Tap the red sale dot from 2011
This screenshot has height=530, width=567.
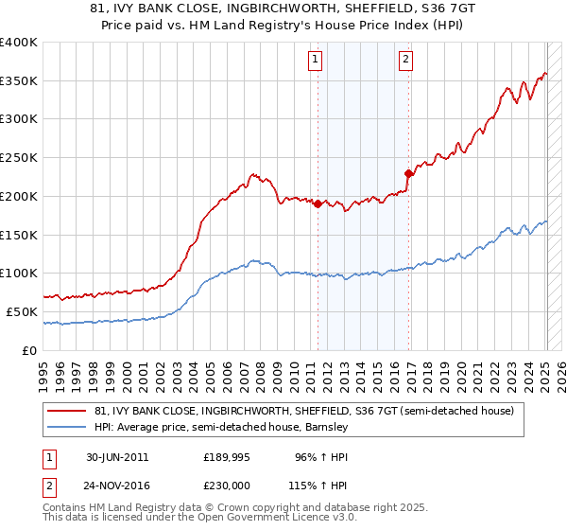pos(318,203)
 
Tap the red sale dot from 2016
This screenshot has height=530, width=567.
pos(408,173)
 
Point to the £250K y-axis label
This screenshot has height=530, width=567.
pos(19,158)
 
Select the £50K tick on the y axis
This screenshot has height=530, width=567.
pos(22,311)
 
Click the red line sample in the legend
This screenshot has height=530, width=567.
pos(67,411)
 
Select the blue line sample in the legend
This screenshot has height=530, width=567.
pos(67,427)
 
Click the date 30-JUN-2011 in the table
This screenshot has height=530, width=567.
pos(117,457)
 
